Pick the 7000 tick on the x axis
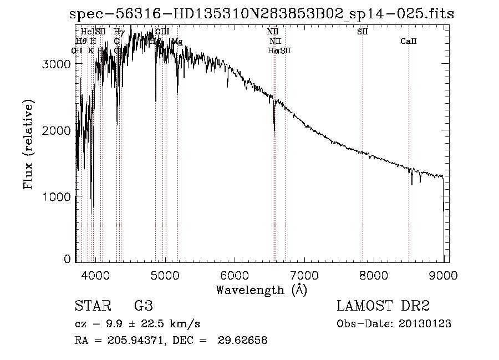(304, 275)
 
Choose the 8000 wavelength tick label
(374, 275)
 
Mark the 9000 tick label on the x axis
(443, 275)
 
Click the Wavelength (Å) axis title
(261, 289)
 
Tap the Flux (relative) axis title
(28, 144)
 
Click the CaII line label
(408, 42)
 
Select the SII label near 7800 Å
(363, 32)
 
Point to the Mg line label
(177, 42)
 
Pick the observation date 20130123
(424, 323)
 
